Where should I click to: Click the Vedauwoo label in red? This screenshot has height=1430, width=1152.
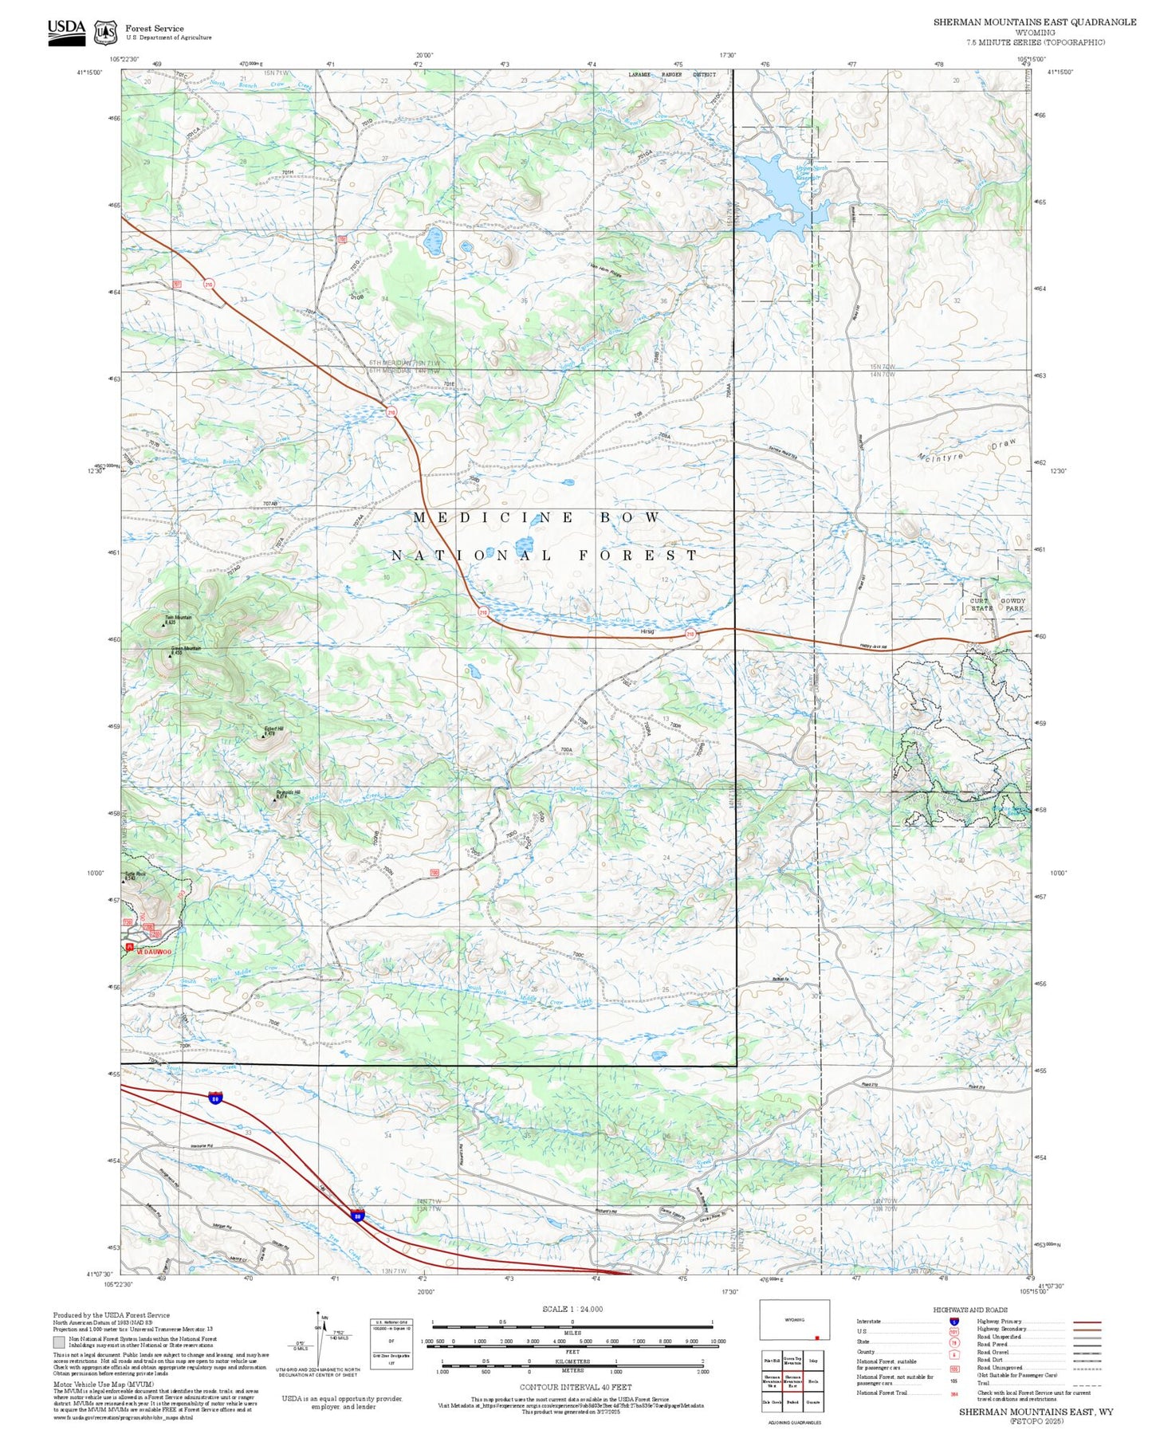tap(153, 952)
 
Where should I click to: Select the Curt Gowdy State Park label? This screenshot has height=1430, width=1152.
tap(997, 604)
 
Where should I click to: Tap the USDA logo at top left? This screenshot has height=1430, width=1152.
tap(66, 32)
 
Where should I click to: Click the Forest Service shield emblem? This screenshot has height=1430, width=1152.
tap(105, 33)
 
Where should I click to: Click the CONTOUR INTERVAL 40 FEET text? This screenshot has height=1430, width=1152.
tap(575, 1387)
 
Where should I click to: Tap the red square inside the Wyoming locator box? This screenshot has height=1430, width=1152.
tap(817, 1338)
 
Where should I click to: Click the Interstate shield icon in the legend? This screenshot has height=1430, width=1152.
tap(953, 1322)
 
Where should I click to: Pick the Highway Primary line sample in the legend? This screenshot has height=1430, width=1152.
tap(1087, 1322)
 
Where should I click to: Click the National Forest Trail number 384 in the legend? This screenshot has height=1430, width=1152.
tap(953, 1393)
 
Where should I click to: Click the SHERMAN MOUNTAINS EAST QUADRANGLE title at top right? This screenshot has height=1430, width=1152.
tap(1035, 22)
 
